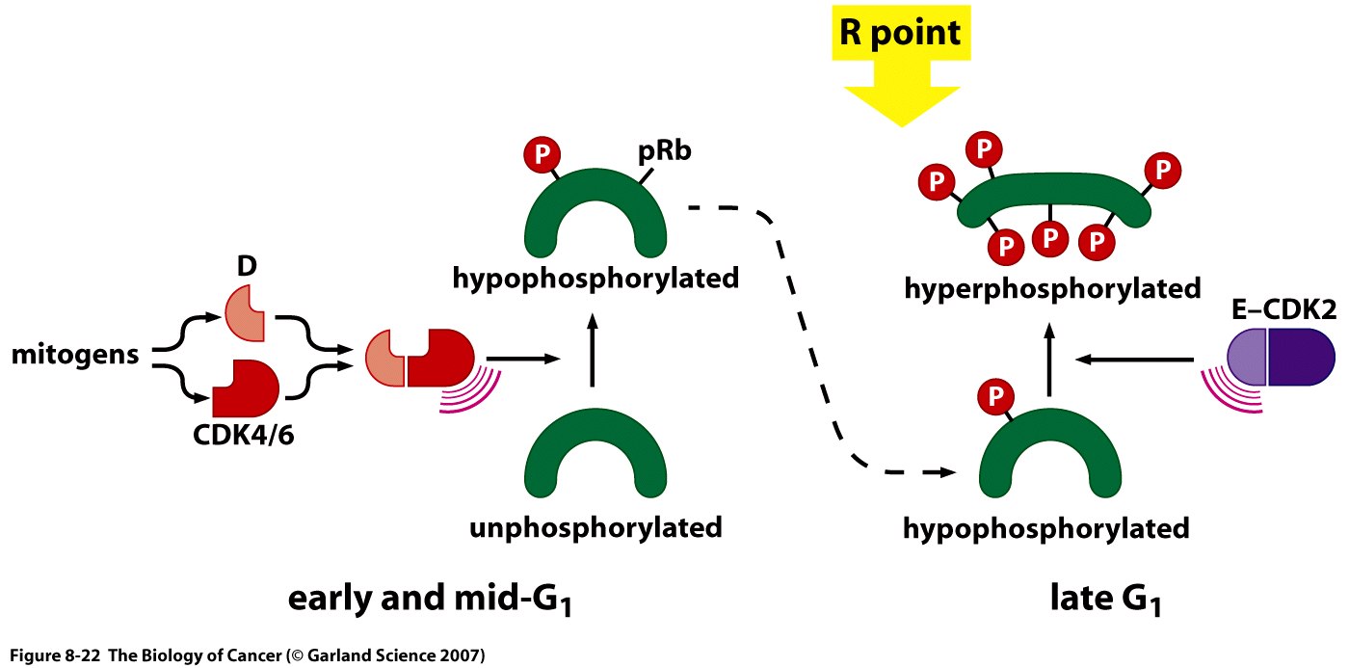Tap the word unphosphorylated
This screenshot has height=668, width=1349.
click(x=595, y=528)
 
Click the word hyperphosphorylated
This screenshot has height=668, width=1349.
click(x=1052, y=287)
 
